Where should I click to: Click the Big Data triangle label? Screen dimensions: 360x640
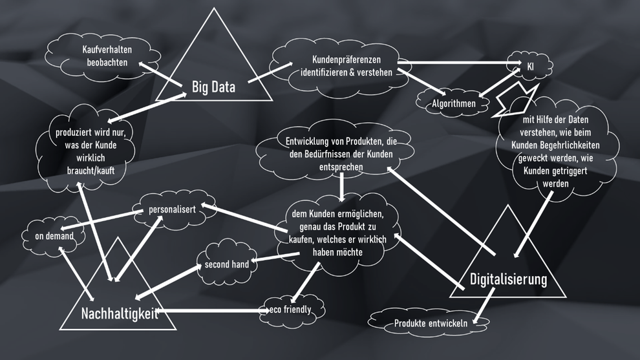pos(213,87)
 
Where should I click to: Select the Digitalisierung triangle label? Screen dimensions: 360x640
pos(508,280)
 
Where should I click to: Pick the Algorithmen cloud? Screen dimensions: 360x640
pos(454,103)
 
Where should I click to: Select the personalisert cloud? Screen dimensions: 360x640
pos(173,210)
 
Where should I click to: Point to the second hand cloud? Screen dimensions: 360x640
pos(226,264)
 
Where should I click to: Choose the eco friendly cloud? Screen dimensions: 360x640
pos(290,310)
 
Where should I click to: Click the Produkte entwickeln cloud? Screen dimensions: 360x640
pos(431,323)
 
